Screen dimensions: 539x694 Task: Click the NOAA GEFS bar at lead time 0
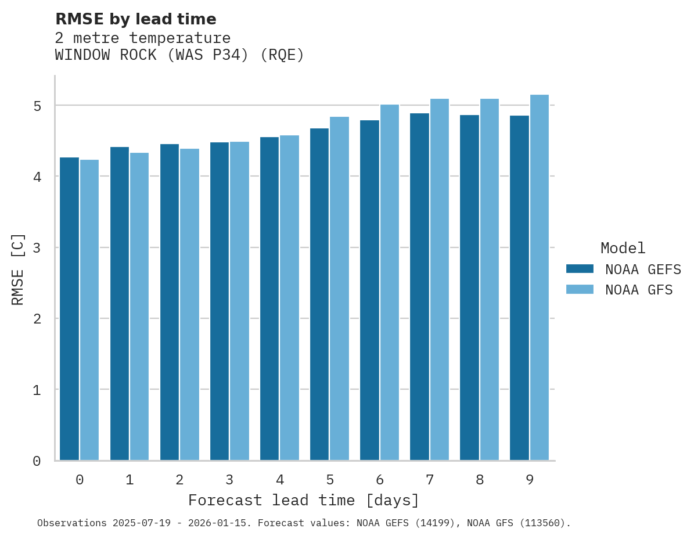[70, 309]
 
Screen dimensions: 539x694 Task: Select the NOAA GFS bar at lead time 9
[540, 278]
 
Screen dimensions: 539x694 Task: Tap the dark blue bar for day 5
[319, 294]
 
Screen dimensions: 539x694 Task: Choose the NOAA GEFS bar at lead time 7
[419, 287]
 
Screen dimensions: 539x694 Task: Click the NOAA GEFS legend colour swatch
[580, 269]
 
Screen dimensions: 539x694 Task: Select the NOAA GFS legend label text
[639, 290]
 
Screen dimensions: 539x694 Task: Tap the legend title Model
[623, 248]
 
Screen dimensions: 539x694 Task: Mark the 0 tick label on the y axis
[37, 461]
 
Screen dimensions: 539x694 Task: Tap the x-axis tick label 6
[380, 480]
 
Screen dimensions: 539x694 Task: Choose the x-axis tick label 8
[480, 480]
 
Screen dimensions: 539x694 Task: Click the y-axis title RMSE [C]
[19, 269]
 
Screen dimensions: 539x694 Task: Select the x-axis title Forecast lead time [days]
[304, 500]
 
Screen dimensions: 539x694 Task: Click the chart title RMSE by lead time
[136, 19]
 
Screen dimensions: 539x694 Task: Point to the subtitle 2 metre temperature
[143, 38]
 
